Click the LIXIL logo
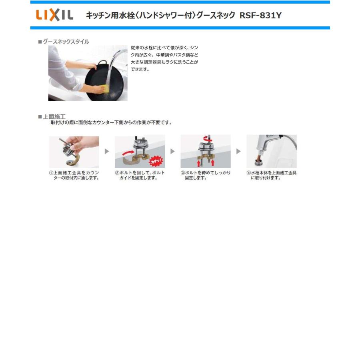click(x=55, y=15)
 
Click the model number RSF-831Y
click(x=261, y=16)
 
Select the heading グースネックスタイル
click(x=66, y=42)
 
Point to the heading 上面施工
click(x=54, y=116)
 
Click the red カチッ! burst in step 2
click(x=156, y=161)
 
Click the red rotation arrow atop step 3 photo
click(x=206, y=138)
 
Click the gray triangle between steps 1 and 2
click(x=107, y=152)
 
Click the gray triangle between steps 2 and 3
click(x=173, y=152)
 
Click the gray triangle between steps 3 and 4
click(x=239, y=152)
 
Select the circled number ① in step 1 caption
click(x=51, y=173)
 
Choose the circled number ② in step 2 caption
click(x=117, y=173)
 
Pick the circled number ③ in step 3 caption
click(x=182, y=173)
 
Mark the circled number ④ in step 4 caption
click(x=248, y=173)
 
